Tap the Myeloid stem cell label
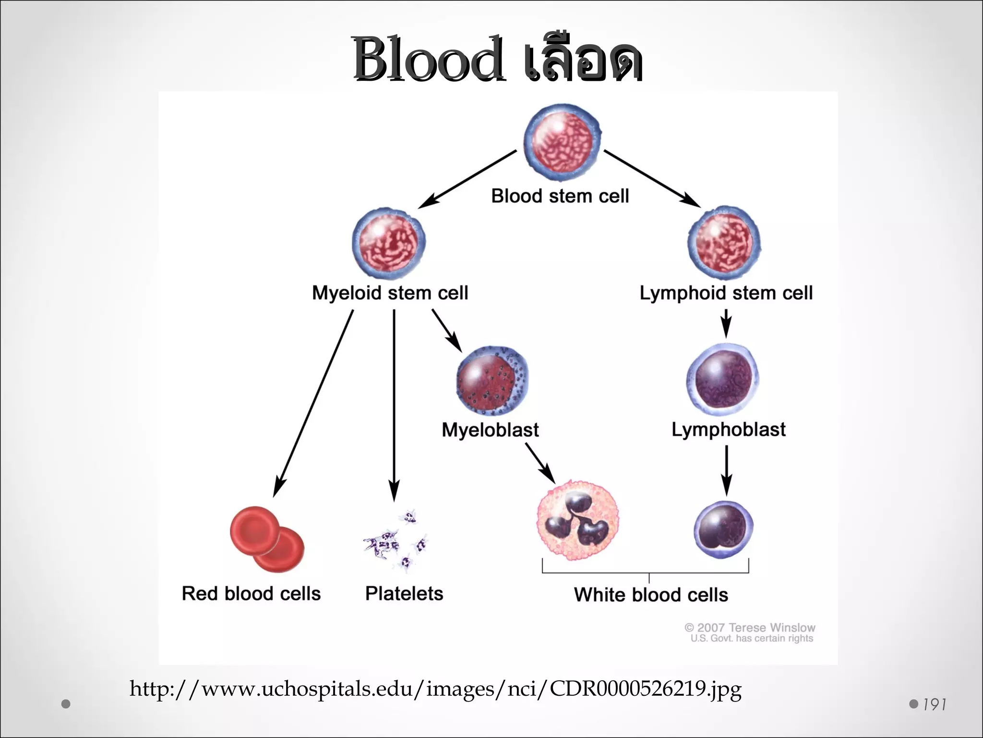[x=390, y=293]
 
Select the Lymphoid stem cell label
[x=726, y=293]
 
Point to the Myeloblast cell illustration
[x=491, y=380]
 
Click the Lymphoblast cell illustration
[x=722, y=380]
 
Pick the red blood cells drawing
[x=267, y=538]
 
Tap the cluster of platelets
[x=396, y=541]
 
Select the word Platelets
[x=404, y=593]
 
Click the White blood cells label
[x=651, y=595]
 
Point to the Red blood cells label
[x=251, y=593]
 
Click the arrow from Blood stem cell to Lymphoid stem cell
[x=652, y=178]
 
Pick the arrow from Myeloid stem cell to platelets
[x=394, y=404]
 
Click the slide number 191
[x=934, y=705]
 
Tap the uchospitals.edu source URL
[x=435, y=689]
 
